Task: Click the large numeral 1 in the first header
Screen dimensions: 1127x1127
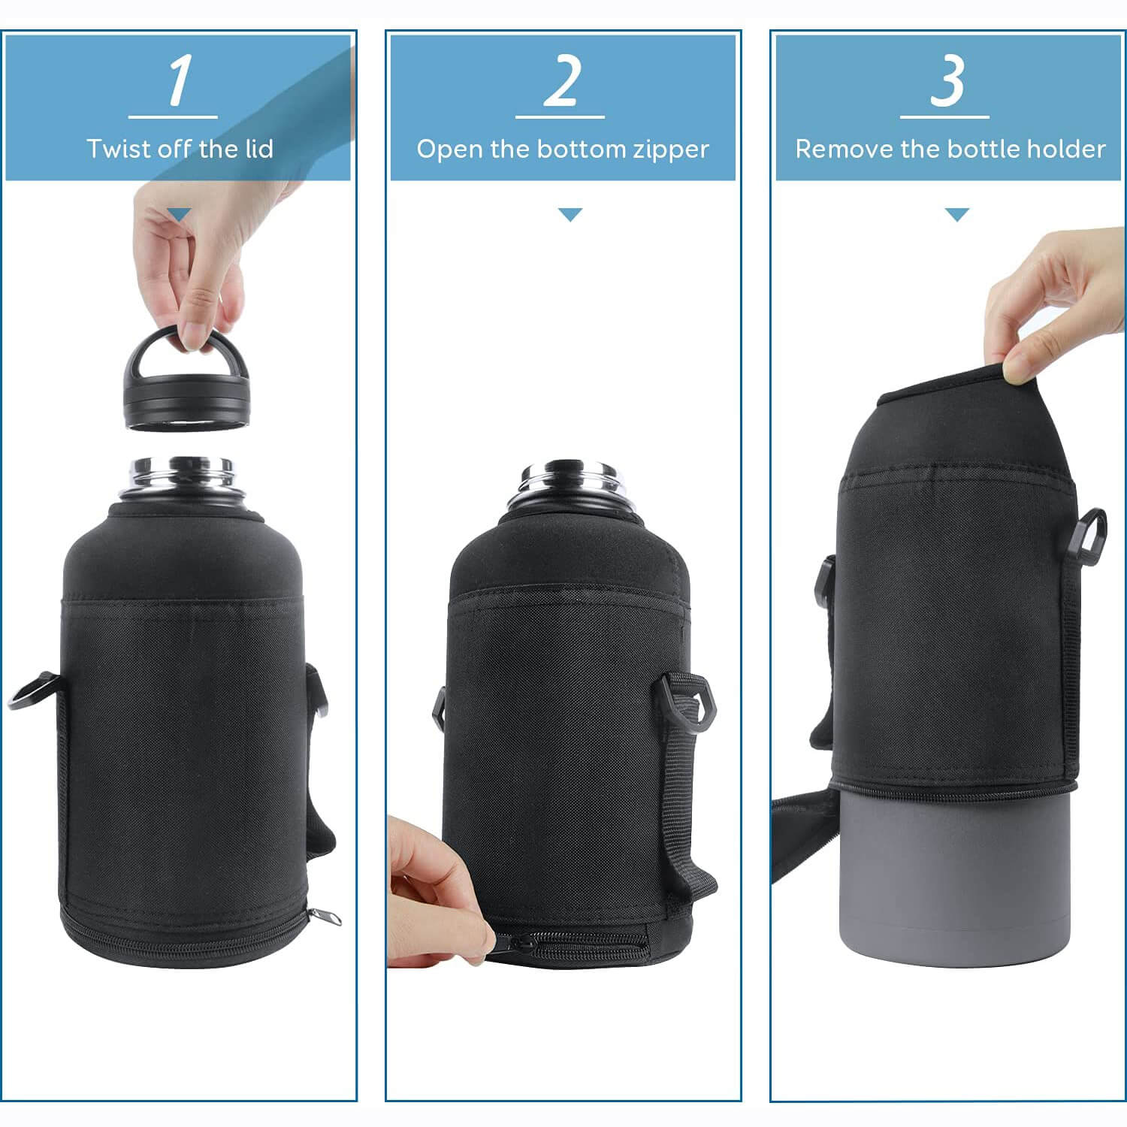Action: (179, 81)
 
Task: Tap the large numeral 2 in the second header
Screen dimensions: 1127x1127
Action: (563, 81)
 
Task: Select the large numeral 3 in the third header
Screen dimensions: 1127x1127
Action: (947, 81)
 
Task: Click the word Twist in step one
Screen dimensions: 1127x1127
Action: (119, 149)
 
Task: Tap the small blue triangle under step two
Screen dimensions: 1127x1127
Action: (570, 215)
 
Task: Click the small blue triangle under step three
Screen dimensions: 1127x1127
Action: (956, 215)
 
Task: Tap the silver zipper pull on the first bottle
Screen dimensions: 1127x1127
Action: (325, 917)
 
